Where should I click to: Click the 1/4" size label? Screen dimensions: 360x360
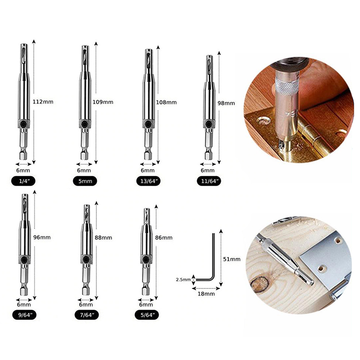23,181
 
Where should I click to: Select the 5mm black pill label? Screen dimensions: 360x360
85,181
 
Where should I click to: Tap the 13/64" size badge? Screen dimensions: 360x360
149,181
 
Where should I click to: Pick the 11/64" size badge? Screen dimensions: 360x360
209,181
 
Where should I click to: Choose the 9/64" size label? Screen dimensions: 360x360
24,315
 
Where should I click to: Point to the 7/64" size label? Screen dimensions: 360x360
86,315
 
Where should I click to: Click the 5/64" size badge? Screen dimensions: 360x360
146,315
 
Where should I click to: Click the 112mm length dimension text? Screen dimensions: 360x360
43,102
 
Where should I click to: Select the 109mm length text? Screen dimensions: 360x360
103,102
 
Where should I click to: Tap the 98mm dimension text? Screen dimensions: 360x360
226,103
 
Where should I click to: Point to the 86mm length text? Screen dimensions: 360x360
164,238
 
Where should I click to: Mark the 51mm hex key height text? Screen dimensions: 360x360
232,259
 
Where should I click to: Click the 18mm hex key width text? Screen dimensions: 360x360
206,294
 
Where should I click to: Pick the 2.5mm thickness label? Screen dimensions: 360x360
183,279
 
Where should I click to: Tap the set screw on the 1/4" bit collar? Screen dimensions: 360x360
24,124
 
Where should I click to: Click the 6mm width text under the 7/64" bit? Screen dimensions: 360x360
86,305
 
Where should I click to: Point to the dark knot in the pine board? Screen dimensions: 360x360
260,284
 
